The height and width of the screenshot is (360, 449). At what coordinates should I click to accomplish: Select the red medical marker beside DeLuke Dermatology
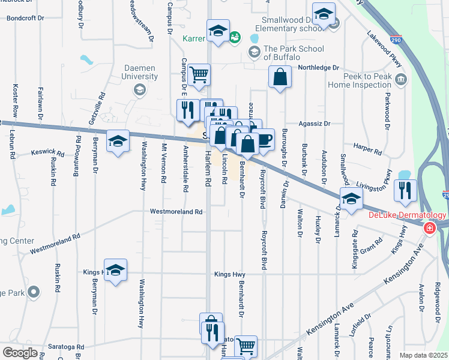coord(429,228)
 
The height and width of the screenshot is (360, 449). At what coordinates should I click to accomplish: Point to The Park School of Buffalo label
coord(294,53)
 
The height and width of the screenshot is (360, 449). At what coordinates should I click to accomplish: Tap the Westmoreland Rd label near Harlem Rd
coord(176,212)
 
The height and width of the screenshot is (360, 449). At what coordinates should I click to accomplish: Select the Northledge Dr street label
coord(319,68)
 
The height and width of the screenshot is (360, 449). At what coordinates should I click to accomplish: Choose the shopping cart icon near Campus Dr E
coord(198,76)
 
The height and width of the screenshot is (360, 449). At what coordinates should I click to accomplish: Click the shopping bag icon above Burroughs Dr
coord(280,77)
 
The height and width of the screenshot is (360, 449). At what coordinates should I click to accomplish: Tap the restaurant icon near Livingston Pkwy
coord(406,190)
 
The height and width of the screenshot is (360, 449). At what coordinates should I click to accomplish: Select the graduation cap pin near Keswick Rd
coord(118,142)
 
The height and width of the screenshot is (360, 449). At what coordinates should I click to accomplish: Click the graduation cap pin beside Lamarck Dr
coord(351,199)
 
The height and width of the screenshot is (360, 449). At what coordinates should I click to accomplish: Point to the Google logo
coord(20,353)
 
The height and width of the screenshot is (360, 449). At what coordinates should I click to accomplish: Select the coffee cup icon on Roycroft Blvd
coord(264,140)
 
